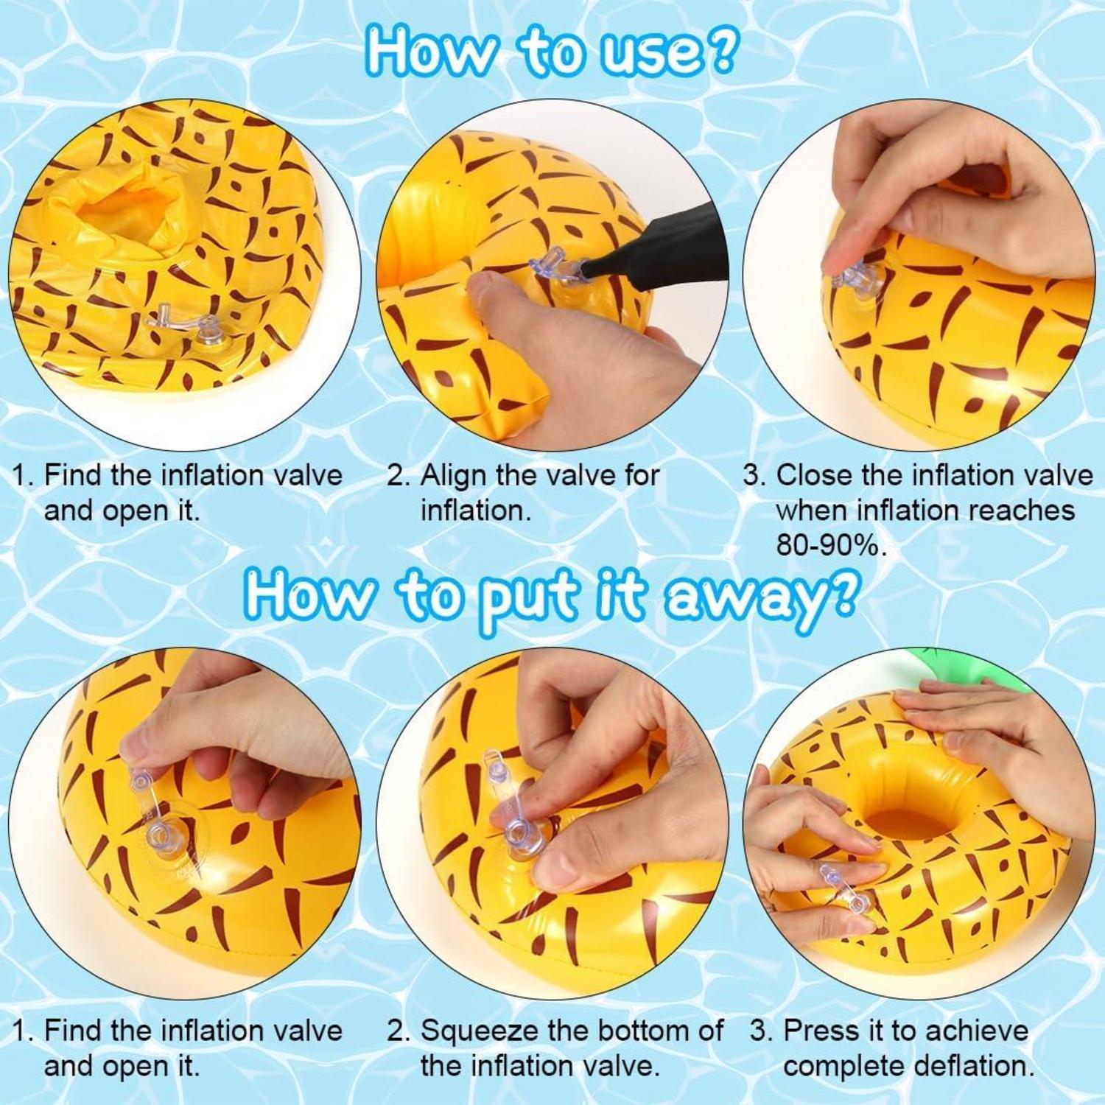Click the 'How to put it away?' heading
(551, 595)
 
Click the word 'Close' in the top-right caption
(815, 475)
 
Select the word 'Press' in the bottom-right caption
(822, 1031)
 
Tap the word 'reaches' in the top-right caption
(1025, 511)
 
